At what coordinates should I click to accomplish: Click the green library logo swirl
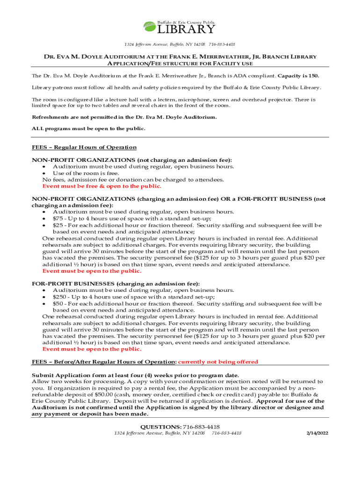[x=150, y=27]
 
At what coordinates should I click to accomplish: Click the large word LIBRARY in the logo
[x=186, y=29]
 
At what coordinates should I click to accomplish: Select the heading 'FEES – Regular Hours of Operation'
[x=84, y=147]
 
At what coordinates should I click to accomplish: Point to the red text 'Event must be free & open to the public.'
[x=101, y=186]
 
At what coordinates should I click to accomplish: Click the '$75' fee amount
[x=58, y=218]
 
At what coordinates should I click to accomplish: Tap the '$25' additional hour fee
[x=58, y=225]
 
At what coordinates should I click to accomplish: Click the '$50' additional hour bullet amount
[x=58, y=303]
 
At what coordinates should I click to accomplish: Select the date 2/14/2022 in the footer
[x=317, y=433]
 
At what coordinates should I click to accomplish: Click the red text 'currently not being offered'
[x=218, y=362]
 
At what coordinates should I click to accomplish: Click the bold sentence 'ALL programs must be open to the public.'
[x=88, y=128]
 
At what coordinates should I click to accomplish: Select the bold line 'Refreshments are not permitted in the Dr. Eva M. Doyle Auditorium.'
[x=124, y=117]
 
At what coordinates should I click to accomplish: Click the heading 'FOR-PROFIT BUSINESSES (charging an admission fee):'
[x=115, y=283]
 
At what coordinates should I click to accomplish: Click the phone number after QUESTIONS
[x=202, y=427]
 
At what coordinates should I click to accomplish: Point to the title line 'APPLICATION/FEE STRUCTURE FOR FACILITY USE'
[x=180, y=64]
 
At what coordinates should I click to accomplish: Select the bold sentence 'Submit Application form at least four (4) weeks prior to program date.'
[x=135, y=375]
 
